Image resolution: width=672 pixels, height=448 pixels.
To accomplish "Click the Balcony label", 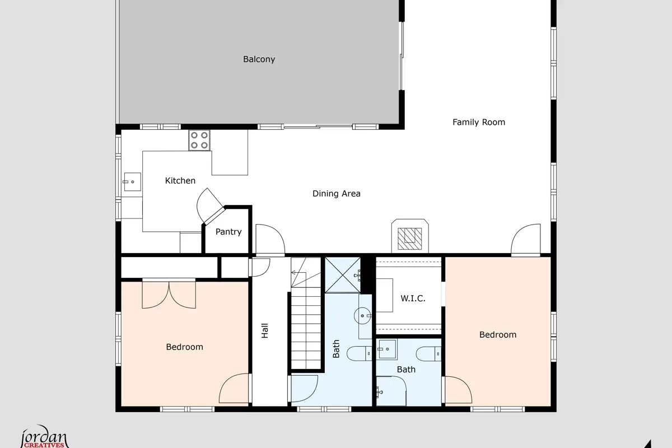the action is point(259,59).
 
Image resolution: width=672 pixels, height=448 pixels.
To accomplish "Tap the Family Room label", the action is point(479,122).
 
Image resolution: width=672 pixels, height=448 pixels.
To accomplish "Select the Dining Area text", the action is point(337,194).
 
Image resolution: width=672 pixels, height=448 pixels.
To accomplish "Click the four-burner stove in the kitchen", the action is point(199,140).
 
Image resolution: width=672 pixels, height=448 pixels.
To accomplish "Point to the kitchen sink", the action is point(132,181).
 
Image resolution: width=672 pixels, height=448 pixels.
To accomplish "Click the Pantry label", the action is point(228,232).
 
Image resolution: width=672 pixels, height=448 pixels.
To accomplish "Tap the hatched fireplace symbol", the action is point(410,239).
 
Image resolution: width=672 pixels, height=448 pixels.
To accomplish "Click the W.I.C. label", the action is point(413,298).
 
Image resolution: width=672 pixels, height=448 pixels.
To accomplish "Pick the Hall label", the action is point(264,330).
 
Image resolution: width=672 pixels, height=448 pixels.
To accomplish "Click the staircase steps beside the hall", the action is point(306,328).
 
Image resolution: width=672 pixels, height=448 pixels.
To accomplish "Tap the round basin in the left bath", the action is point(362,316).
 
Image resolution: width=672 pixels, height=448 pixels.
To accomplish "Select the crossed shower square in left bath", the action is point(343,275).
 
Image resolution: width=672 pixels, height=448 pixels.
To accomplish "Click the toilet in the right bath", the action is point(428,354).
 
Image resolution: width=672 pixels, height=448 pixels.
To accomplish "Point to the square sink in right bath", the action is point(387,349).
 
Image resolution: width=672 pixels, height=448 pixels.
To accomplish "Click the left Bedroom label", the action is point(184,347).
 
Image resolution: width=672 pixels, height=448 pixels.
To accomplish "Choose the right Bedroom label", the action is point(498,334).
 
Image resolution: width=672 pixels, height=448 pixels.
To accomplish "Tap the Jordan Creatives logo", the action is point(44,437).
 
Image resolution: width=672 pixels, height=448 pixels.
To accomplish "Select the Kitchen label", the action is point(180,181).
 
